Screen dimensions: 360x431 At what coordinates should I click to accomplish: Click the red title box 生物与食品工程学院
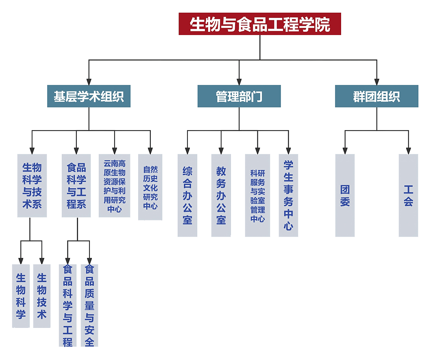(259, 24)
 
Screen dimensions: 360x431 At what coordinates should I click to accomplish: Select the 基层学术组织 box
(89, 96)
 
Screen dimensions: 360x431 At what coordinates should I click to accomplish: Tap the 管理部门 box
(239, 96)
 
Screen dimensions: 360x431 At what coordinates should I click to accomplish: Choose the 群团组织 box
(377, 96)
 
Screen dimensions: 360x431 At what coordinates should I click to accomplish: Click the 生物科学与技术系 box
(32, 185)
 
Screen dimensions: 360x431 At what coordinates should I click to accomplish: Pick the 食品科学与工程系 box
(76, 185)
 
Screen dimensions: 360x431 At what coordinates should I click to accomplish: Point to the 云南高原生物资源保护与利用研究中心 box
(115, 185)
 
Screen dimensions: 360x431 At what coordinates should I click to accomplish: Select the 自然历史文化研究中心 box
(150, 187)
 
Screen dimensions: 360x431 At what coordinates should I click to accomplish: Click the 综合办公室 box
(187, 195)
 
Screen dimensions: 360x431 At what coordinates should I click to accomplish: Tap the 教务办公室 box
(221, 195)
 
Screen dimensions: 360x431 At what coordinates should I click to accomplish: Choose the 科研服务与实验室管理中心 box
(257, 195)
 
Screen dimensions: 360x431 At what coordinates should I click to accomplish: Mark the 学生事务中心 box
(288, 195)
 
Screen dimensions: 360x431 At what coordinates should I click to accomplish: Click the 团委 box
(345, 195)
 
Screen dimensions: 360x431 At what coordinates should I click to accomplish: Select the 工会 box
(408, 195)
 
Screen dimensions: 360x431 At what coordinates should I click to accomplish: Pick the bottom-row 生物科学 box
(21, 296)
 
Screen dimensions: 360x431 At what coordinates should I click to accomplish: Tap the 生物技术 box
(41, 296)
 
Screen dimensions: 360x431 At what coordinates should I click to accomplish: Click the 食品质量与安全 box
(89, 305)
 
